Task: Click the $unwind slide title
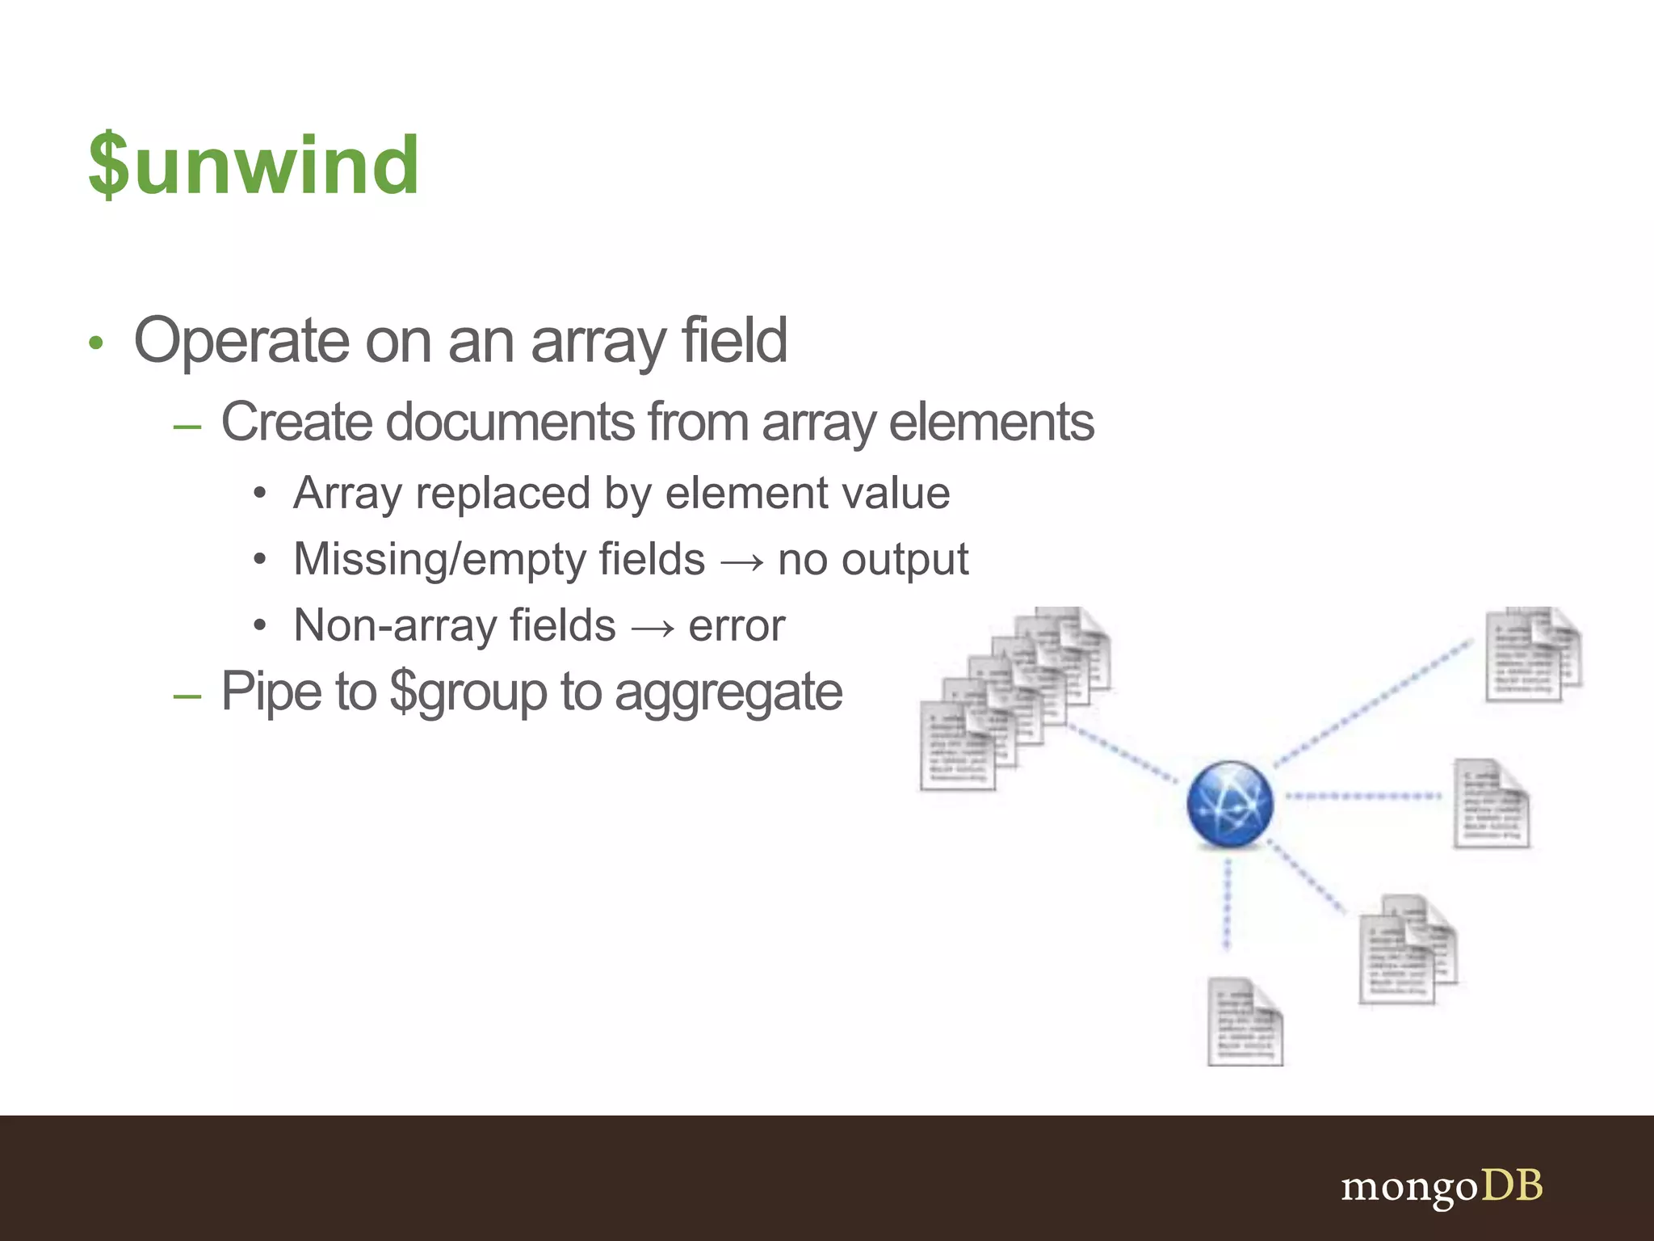click(254, 166)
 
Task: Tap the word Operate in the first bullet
click(241, 341)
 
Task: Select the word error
click(736, 626)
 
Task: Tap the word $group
click(468, 692)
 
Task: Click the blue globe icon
click(1229, 804)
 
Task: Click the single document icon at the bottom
click(1245, 1021)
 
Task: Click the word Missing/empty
click(498, 559)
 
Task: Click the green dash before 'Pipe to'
click(187, 695)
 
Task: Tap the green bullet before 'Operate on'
click(96, 343)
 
